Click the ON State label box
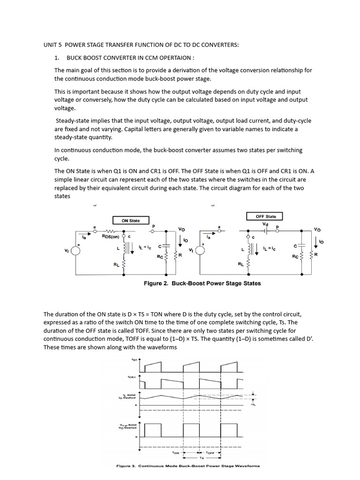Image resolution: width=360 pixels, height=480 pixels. [131, 220]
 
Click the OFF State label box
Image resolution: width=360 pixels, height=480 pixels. [266, 217]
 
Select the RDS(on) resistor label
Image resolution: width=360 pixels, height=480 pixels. [111, 236]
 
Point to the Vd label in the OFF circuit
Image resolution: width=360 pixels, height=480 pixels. [265, 225]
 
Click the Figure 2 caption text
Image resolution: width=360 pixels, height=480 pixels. [202, 283]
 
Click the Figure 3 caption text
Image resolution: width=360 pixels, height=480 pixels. [187, 466]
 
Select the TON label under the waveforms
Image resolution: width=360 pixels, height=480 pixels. [176, 453]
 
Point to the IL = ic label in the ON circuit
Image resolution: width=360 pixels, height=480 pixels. [146, 245]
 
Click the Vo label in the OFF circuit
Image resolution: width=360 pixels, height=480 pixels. [317, 230]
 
